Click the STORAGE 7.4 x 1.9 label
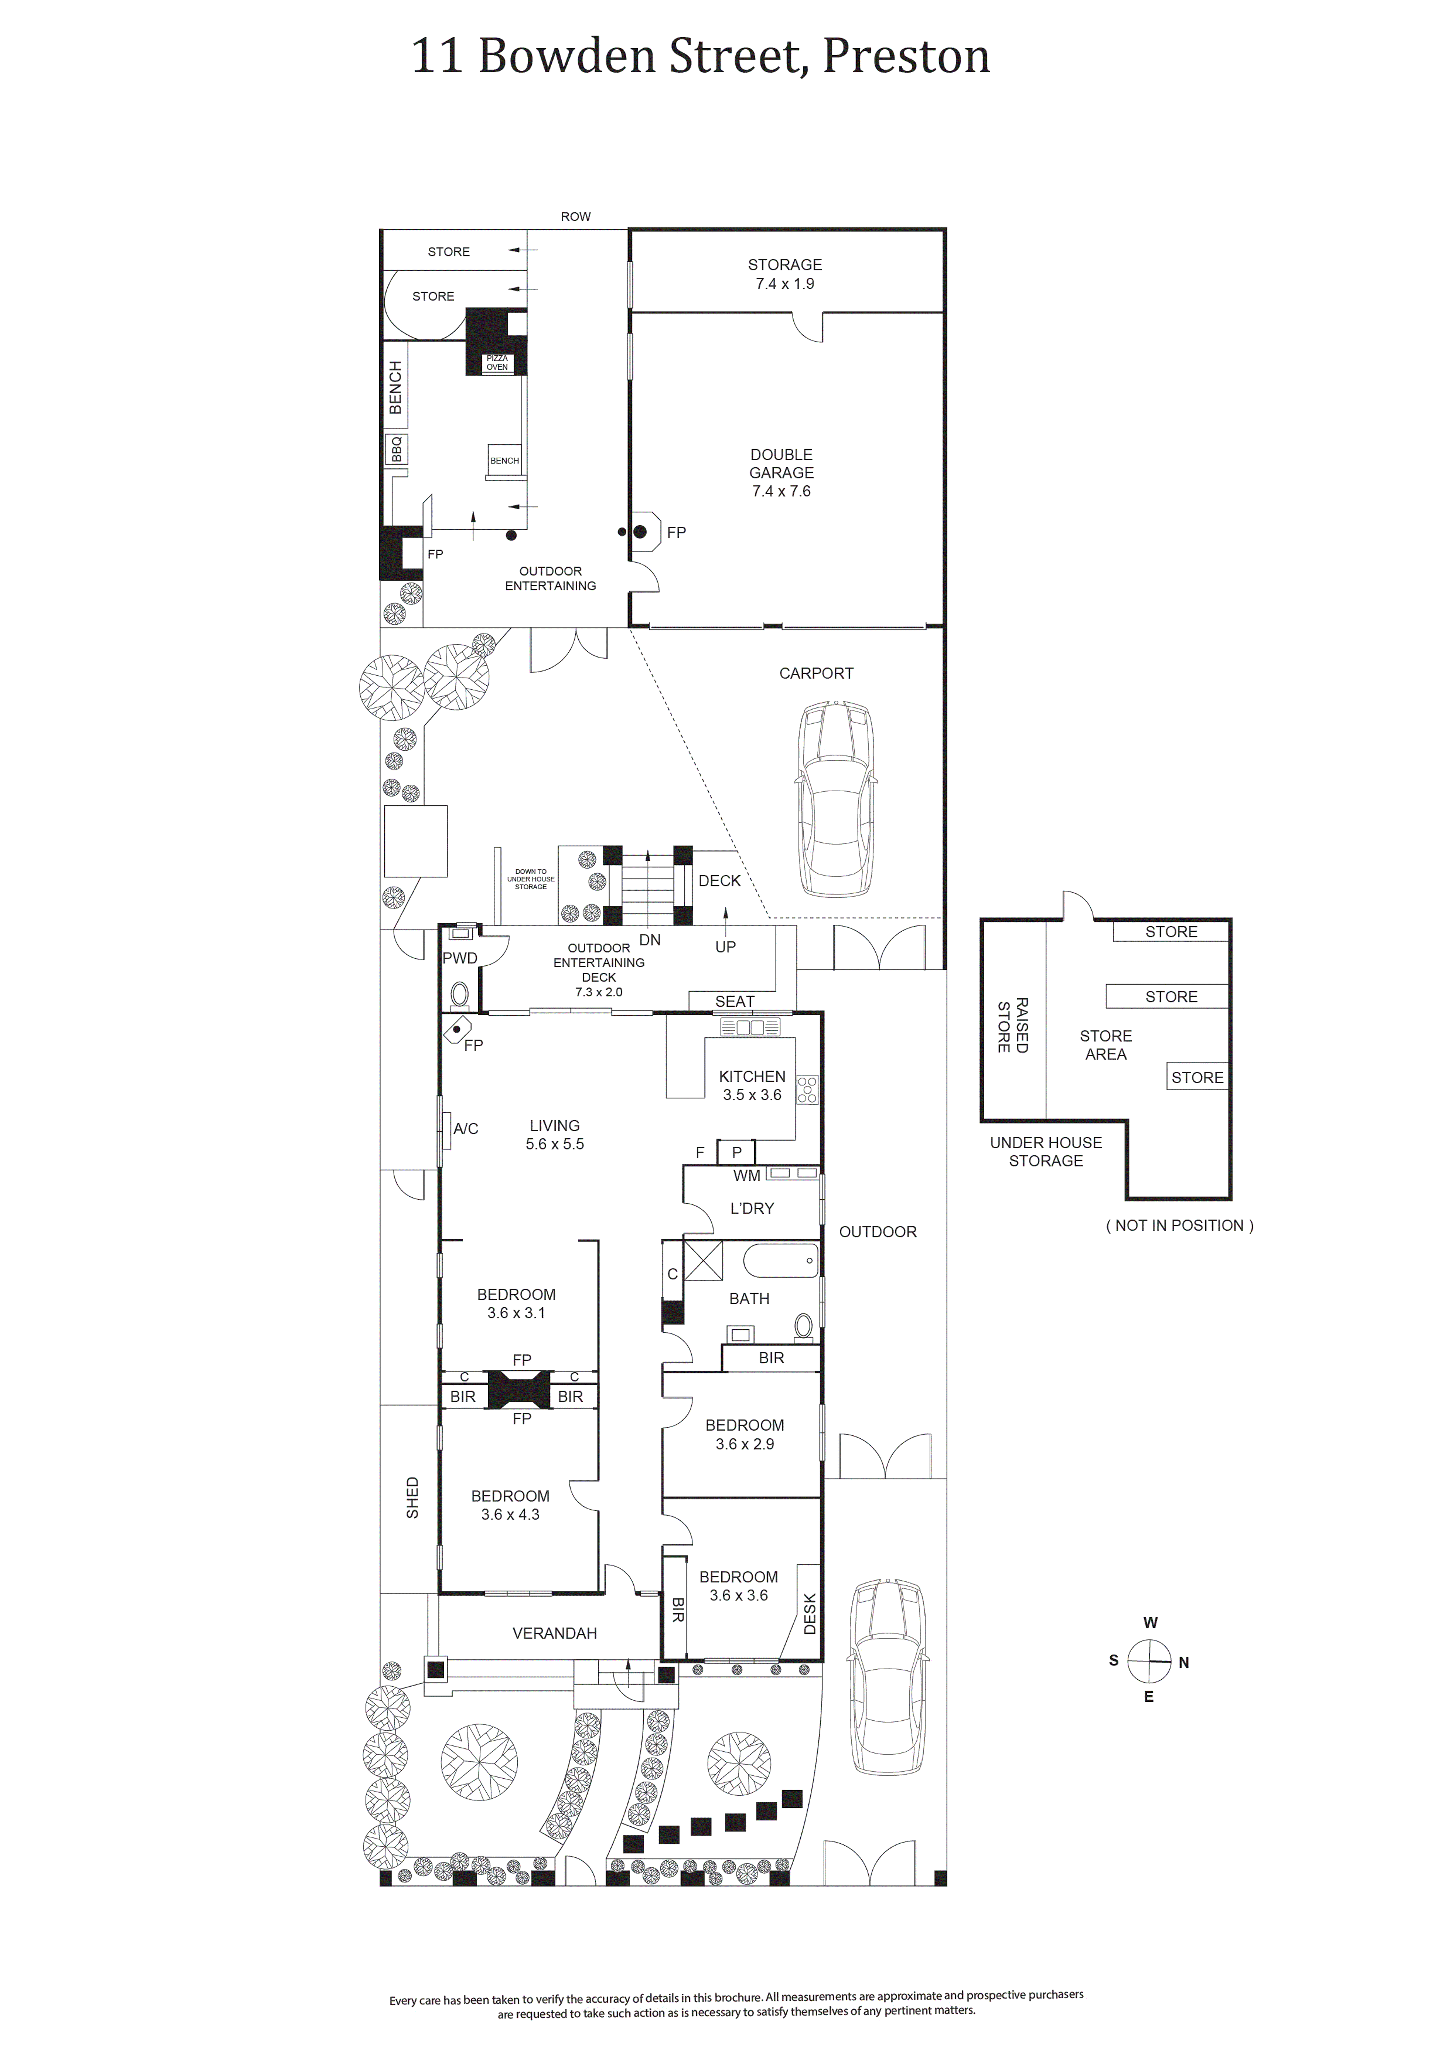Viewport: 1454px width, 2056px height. click(785, 274)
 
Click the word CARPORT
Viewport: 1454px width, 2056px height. click(816, 673)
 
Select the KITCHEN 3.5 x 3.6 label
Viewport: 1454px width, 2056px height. click(752, 1085)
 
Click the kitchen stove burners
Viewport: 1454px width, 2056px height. click(808, 1088)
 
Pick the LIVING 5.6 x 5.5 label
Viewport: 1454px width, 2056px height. click(555, 1135)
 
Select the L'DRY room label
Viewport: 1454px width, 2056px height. click(752, 1208)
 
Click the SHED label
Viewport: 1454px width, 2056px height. click(413, 1497)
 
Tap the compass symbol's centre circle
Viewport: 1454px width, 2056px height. click(1149, 1661)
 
